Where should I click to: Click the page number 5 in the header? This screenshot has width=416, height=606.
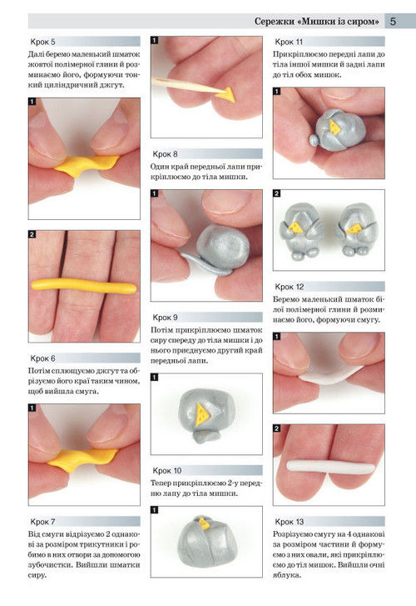[393, 21]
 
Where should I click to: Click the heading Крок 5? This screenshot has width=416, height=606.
[42, 42]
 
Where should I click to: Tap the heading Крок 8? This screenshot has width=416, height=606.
[165, 154]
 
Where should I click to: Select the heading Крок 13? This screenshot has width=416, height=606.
[289, 521]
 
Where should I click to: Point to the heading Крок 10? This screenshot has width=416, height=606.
[166, 470]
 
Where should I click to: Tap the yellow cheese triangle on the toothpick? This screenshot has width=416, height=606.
[225, 94]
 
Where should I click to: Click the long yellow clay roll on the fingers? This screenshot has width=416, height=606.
[84, 286]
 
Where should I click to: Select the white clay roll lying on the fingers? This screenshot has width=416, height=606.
[330, 465]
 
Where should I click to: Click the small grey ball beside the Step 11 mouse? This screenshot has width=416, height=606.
[314, 140]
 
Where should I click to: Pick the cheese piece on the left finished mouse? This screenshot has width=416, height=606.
[296, 228]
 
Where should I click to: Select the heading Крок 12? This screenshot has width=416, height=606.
[289, 287]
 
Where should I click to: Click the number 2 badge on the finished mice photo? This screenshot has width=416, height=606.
[277, 193]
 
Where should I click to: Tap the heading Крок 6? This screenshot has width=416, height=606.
[42, 358]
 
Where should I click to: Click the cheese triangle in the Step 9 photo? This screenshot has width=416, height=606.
[202, 414]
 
